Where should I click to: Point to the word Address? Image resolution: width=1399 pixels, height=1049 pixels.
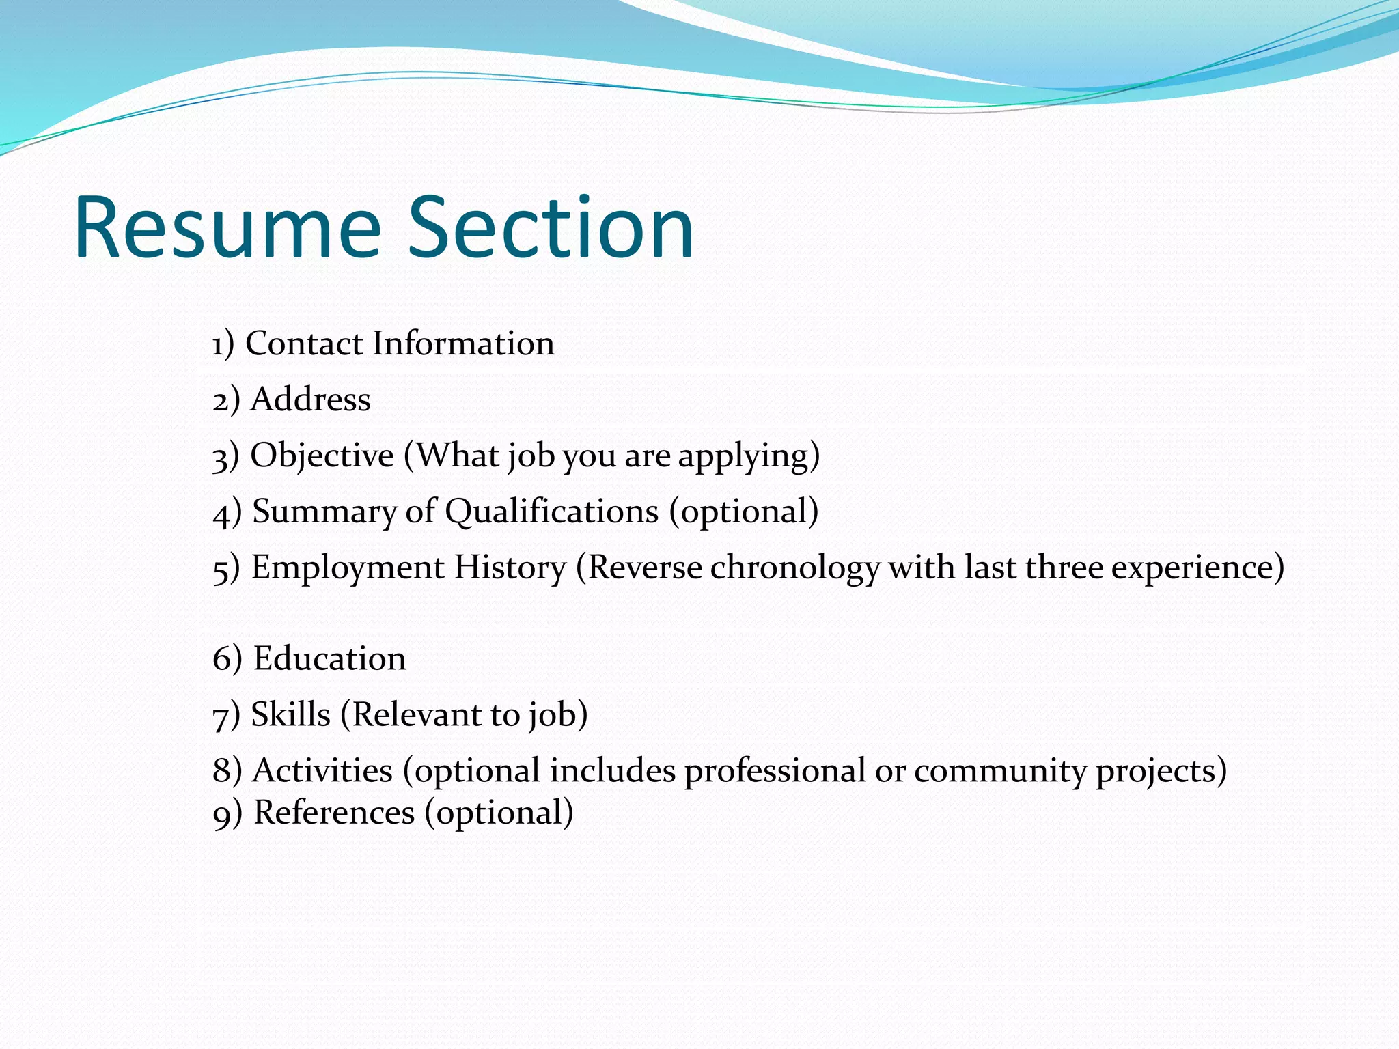[x=311, y=399]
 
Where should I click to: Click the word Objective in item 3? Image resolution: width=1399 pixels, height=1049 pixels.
[x=322, y=456]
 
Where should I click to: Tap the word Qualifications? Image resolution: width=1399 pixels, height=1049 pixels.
[x=552, y=512]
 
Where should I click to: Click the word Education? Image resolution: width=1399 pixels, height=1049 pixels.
[x=330, y=658]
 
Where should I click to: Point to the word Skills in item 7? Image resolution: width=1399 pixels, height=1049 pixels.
[x=291, y=714]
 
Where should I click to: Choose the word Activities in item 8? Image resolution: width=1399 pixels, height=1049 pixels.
[x=323, y=770]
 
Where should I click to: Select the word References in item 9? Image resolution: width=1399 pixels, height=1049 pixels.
[x=334, y=813]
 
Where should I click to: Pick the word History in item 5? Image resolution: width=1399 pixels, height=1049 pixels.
[x=510, y=568]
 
